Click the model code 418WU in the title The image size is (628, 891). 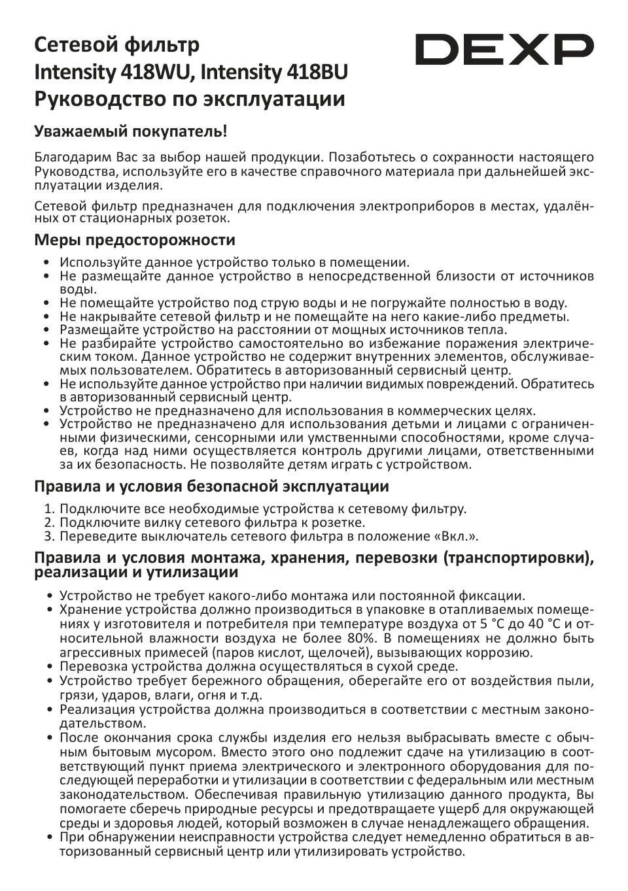156,72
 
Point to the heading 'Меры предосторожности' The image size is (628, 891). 135,240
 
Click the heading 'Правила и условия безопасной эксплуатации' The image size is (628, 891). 211,486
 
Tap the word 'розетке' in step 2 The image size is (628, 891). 334,522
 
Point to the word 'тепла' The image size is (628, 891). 489,330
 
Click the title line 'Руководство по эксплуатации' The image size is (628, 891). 190,99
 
